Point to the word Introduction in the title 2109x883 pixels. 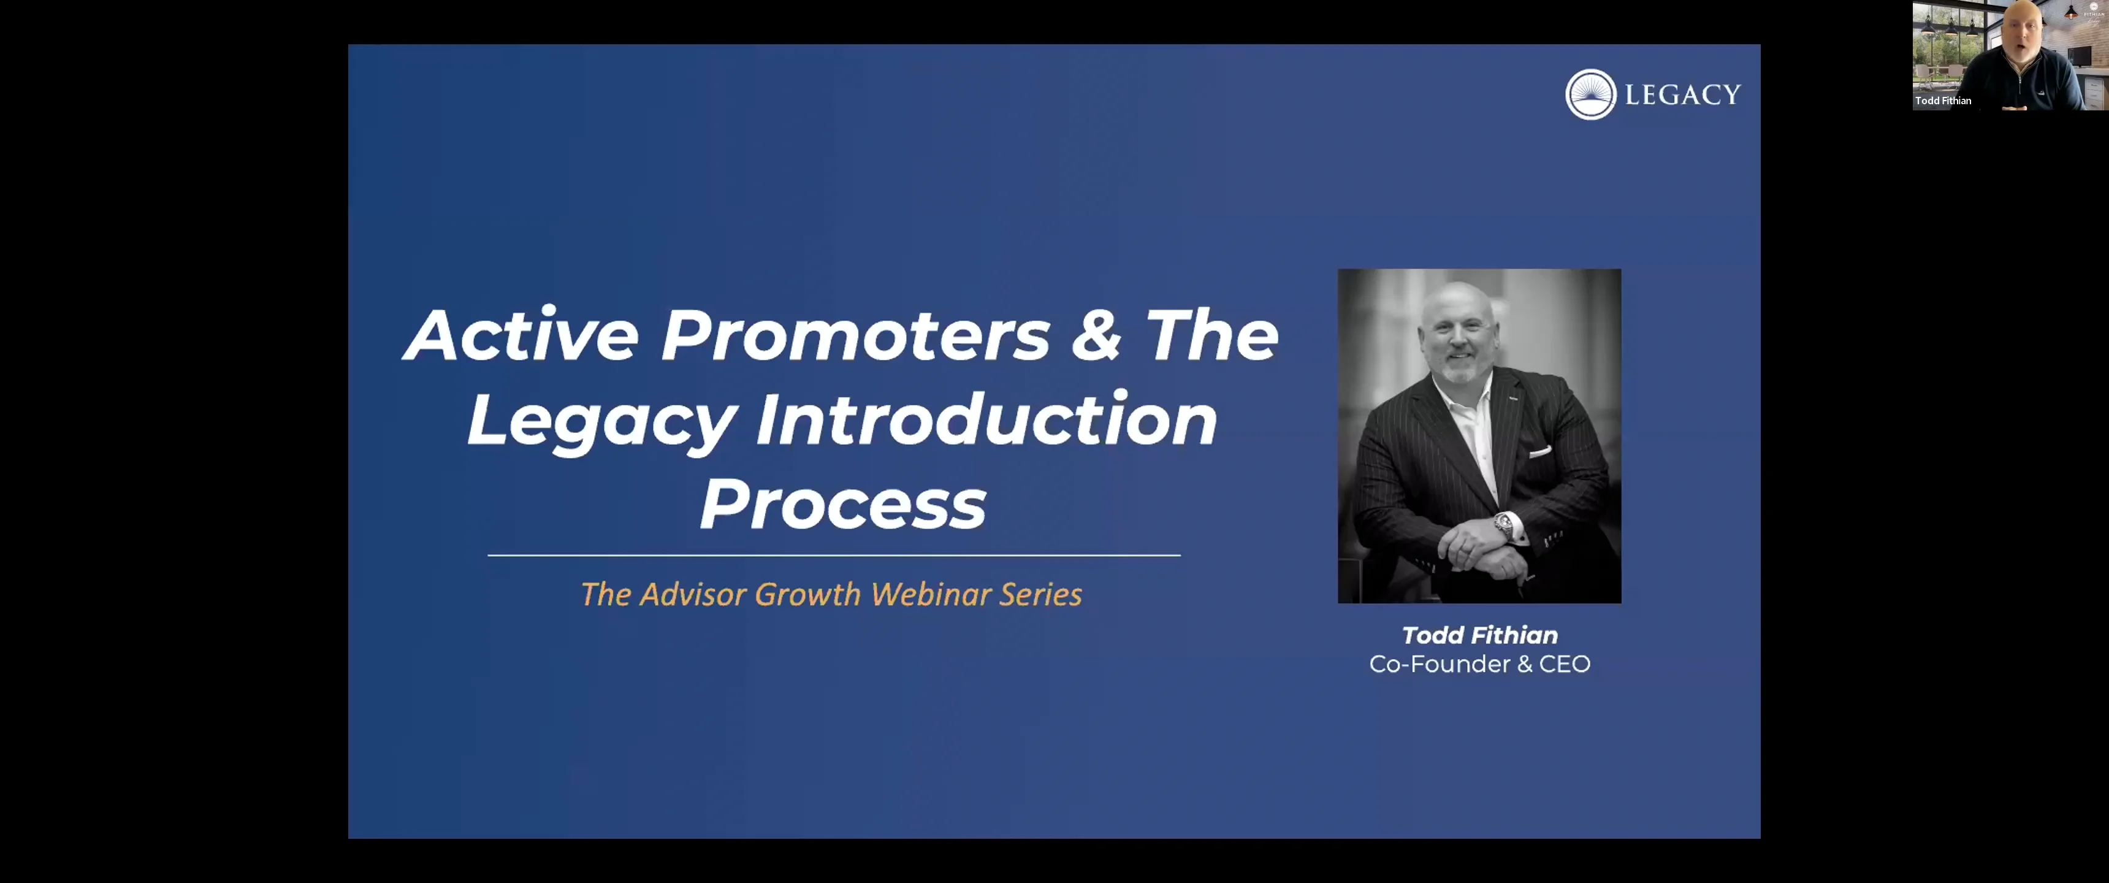(x=986, y=419)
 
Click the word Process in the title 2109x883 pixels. (x=843, y=505)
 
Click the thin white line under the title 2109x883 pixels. (x=833, y=556)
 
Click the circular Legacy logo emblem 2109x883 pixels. (x=1590, y=94)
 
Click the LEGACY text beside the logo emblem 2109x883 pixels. (x=1682, y=95)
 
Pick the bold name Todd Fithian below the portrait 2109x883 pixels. (x=1479, y=635)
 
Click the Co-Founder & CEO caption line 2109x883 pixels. (x=1479, y=664)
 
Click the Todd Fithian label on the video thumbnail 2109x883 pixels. (x=1943, y=101)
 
